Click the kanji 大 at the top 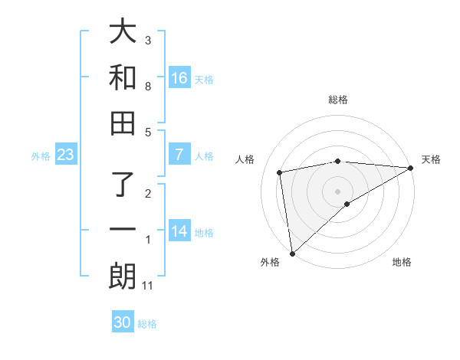(x=123, y=33)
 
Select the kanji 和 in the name (x=123, y=78)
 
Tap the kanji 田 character (x=123, y=123)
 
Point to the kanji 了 (x=123, y=186)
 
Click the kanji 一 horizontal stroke (x=123, y=231)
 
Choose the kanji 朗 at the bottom (x=123, y=277)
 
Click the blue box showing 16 (x=179, y=77)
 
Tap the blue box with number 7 (x=179, y=155)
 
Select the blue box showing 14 (x=179, y=231)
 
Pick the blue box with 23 (x=65, y=155)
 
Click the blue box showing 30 (x=123, y=322)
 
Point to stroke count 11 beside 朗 (x=148, y=286)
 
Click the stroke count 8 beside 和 (x=148, y=87)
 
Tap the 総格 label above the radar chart (x=337, y=100)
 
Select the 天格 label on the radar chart (x=431, y=159)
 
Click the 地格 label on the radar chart (x=402, y=262)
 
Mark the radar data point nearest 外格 (x=291, y=254)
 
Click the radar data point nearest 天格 (x=411, y=168)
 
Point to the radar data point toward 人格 (x=280, y=172)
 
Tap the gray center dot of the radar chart (x=337, y=191)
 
